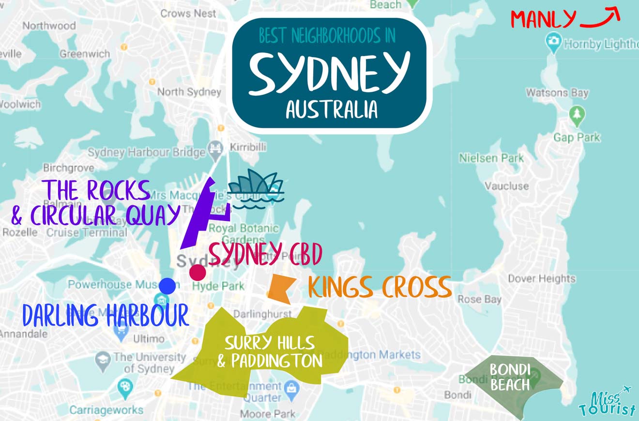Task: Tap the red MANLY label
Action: (x=543, y=19)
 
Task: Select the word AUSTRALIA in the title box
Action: (x=332, y=110)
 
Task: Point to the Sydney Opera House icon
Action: (x=256, y=190)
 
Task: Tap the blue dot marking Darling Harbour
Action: (x=167, y=286)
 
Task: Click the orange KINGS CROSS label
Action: (x=380, y=288)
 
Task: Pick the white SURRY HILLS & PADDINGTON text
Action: (x=269, y=352)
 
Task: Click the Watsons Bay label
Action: (x=557, y=92)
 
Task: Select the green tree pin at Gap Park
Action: (x=577, y=115)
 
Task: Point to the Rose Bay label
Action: (x=479, y=299)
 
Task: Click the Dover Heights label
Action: (x=541, y=278)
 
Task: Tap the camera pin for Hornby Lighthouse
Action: (x=553, y=41)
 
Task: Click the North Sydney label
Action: (x=189, y=92)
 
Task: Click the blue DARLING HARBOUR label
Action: (x=105, y=316)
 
